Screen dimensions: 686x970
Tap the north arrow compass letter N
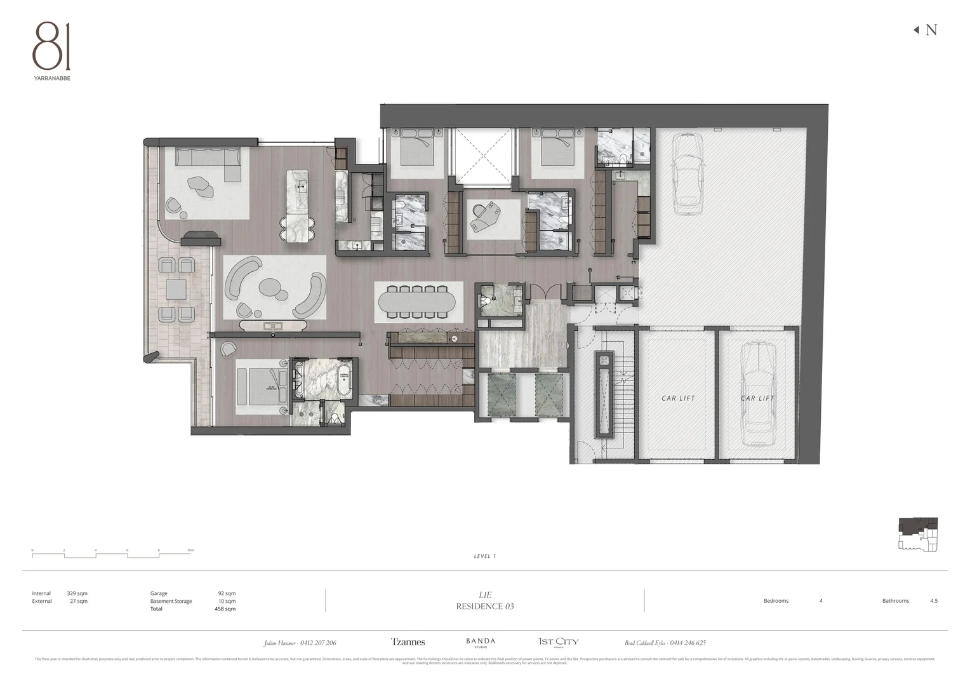tap(931, 30)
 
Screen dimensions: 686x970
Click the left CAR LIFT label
tap(678, 398)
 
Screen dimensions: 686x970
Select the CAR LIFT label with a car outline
tap(757, 398)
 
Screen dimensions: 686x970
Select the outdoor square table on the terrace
tap(176, 290)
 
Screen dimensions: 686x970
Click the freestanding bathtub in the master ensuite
tap(343, 380)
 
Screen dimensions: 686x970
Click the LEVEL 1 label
tap(484, 556)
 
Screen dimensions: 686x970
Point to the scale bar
tap(112, 555)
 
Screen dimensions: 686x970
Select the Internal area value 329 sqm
tap(77, 593)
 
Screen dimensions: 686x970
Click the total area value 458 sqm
tap(225, 609)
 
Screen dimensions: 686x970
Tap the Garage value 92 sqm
tap(226, 593)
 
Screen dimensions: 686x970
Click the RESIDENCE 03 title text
tap(485, 607)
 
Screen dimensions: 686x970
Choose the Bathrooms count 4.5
tap(933, 601)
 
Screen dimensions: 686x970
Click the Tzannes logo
tap(408, 642)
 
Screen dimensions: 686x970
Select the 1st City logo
tap(558, 642)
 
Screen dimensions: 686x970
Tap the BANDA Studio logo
tap(481, 643)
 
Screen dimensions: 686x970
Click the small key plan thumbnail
tap(918, 534)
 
